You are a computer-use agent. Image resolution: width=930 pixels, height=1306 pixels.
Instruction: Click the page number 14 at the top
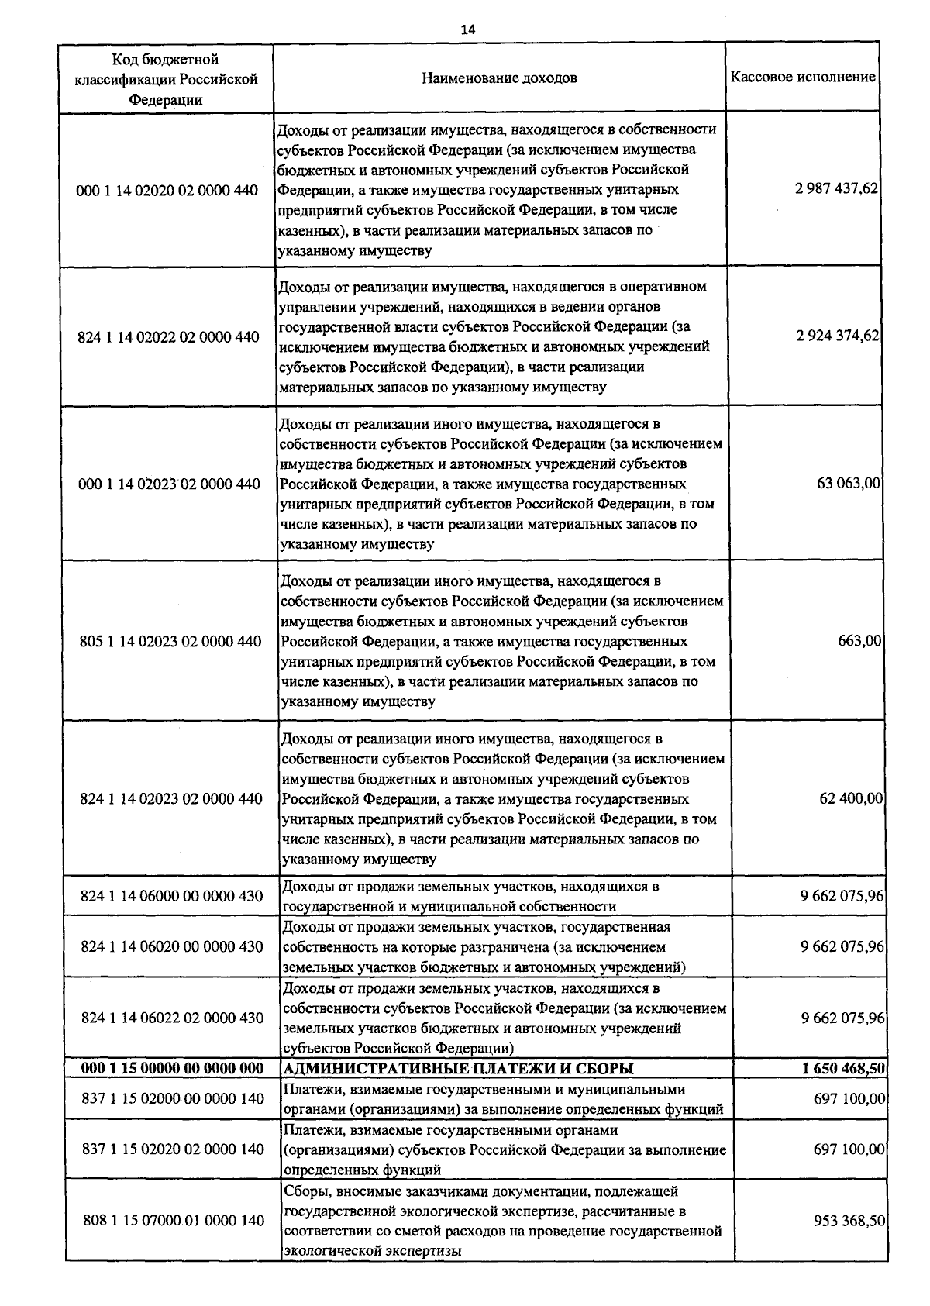click(x=468, y=29)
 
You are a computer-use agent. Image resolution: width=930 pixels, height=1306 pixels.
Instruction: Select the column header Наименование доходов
click(x=499, y=78)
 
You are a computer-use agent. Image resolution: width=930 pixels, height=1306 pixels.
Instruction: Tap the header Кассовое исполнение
click(x=803, y=78)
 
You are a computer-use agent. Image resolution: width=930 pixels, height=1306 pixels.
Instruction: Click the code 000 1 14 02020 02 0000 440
click(x=168, y=191)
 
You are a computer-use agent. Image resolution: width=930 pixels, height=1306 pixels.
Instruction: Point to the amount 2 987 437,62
click(x=836, y=188)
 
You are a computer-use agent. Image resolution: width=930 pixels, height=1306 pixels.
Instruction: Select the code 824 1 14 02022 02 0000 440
click(x=169, y=337)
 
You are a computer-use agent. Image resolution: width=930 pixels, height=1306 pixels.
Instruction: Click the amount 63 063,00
click(x=849, y=484)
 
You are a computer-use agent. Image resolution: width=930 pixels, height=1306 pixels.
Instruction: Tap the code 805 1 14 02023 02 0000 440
click(x=170, y=642)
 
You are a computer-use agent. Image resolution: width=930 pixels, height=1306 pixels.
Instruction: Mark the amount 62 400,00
click(x=851, y=798)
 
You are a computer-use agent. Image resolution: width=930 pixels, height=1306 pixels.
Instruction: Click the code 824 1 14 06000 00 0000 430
click(x=171, y=896)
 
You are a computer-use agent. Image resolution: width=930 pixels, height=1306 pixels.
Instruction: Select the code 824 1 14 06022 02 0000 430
click(x=172, y=1018)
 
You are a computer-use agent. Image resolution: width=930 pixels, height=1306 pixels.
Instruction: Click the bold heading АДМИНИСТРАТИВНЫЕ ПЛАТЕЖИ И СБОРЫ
click(x=459, y=1069)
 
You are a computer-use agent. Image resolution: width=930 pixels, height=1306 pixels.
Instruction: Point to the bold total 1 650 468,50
click(x=844, y=1069)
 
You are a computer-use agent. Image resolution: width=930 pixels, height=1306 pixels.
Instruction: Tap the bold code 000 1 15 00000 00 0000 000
click(x=172, y=1069)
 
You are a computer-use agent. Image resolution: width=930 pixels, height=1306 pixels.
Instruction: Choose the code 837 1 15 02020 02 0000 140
click(x=173, y=1149)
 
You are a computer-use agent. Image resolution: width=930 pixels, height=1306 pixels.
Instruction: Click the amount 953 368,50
click(x=849, y=1221)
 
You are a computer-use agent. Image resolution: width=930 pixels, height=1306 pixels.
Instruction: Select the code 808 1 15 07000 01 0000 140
click(x=174, y=1221)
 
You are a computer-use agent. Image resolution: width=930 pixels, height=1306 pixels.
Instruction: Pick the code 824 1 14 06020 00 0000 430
click(x=171, y=946)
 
